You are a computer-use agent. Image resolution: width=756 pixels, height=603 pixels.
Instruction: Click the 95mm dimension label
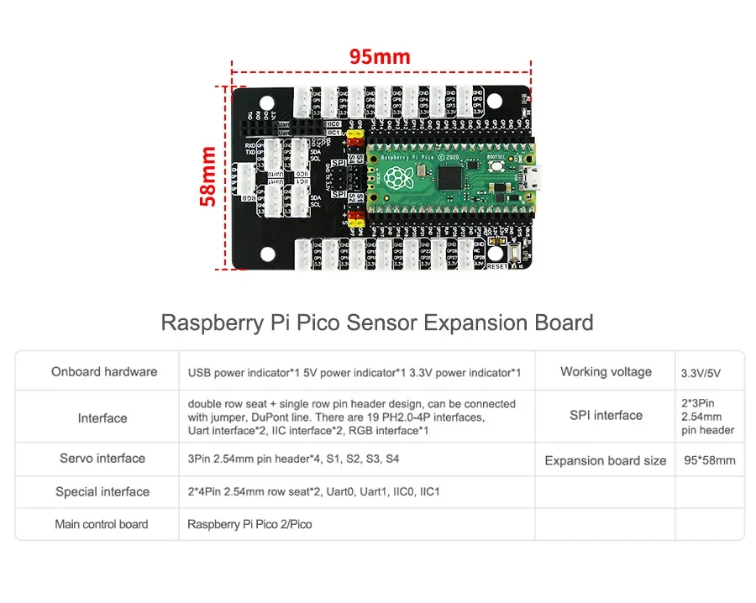click(x=380, y=57)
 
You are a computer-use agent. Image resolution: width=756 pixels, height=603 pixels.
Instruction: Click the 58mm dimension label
click(x=207, y=176)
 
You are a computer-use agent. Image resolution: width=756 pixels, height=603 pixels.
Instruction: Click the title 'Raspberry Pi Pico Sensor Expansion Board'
click(x=377, y=322)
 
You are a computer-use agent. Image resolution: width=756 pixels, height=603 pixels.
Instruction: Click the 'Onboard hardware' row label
click(x=104, y=371)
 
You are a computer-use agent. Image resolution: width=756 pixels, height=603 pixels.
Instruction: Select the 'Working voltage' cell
click(x=606, y=371)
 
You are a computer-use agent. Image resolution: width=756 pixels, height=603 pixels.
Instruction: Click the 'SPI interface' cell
click(x=606, y=415)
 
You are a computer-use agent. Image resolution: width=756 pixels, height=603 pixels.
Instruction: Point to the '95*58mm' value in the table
click(x=710, y=459)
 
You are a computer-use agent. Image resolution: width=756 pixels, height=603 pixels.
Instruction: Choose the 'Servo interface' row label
click(x=102, y=459)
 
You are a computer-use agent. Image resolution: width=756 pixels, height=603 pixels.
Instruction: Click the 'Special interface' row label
click(x=102, y=492)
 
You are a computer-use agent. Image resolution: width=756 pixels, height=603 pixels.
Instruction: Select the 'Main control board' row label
click(x=102, y=524)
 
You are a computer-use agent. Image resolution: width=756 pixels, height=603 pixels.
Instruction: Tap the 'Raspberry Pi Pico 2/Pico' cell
click(x=249, y=524)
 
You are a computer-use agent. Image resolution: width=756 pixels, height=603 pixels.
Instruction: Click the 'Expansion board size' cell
click(x=606, y=460)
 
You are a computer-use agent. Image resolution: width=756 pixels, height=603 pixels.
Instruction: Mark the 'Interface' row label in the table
click(x=102, y=417)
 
